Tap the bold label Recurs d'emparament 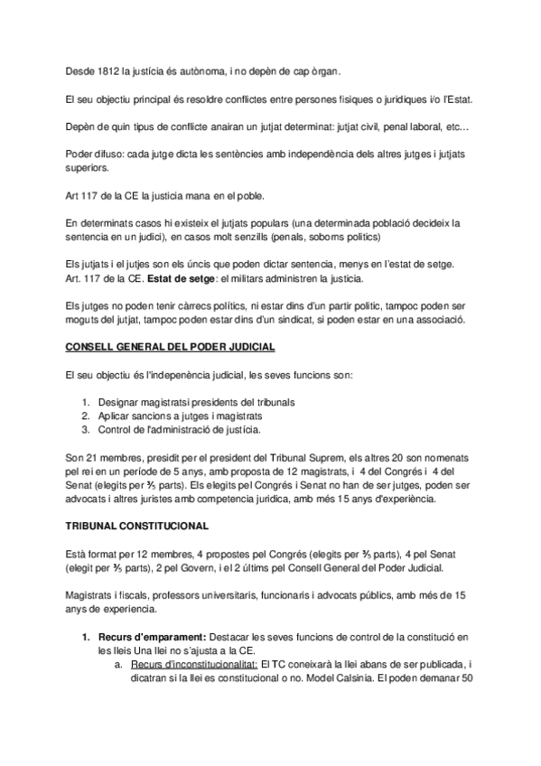[x=146, y=636]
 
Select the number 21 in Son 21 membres [x=94, y=456]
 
